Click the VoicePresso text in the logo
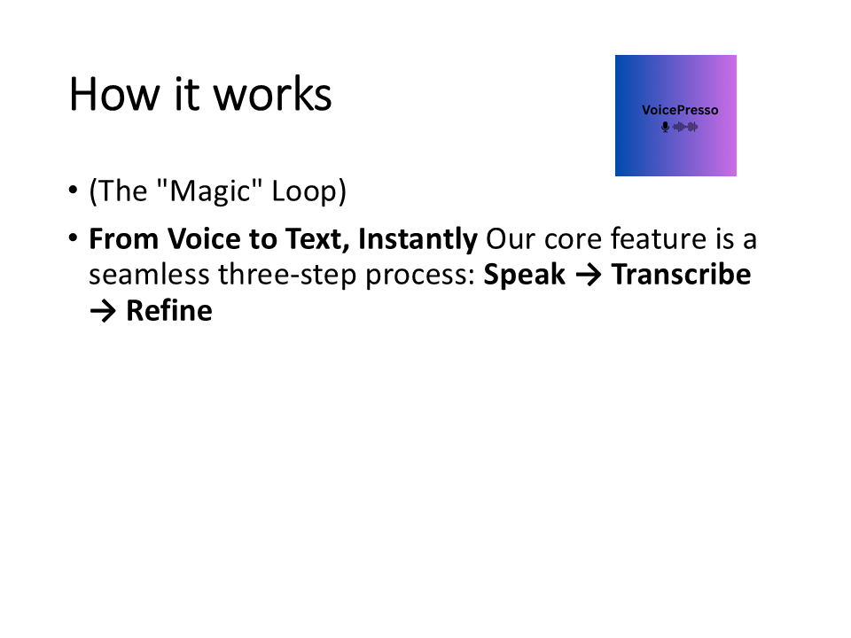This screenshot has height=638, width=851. click(679, 111)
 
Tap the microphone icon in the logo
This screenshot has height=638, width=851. click(665, 127)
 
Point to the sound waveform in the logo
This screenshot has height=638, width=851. click(685, 127)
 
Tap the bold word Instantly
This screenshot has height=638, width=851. click(418, 240)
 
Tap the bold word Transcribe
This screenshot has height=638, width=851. click(681, 276)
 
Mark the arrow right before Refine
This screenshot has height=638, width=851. click(103, 312)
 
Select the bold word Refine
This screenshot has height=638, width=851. click(168, 311)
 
